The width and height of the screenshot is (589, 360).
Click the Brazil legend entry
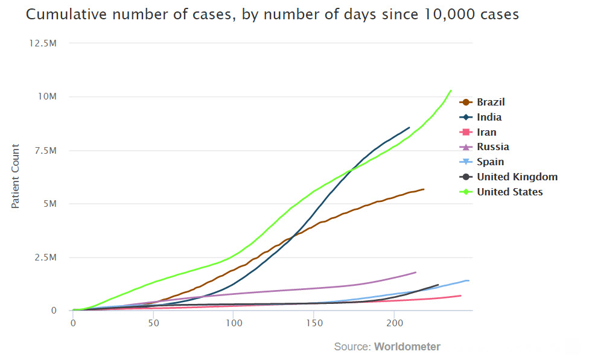[x=491, y=102]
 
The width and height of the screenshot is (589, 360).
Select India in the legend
[x=489, y=117]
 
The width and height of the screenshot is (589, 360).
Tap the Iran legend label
[x=486, y=132]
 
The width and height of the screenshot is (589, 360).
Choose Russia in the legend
[x=492, y=147]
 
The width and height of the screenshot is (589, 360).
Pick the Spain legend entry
[x=490, y=162]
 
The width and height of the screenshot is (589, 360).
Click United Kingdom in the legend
[x=517, y=177]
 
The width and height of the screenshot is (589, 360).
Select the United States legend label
[x=509, y=192]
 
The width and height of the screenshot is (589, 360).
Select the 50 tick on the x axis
[x=153, y=323]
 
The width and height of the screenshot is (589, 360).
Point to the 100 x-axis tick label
[x=234, y=323]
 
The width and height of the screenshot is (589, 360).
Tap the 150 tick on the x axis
[x=314, y=323]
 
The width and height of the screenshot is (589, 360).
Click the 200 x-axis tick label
[x=394, y=323]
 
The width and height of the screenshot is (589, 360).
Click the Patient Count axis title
[x=16, y=176]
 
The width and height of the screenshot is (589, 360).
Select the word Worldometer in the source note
[x=407, y=347]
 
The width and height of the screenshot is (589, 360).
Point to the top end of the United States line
[x=451, y=90]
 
